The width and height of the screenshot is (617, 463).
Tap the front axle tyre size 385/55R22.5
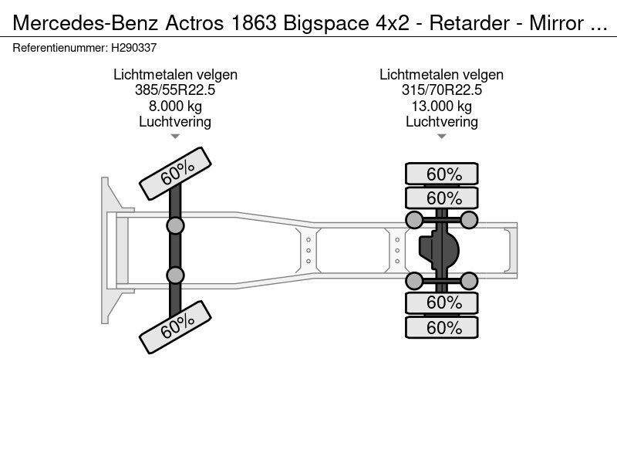pyautogui.click(x=175, y=90)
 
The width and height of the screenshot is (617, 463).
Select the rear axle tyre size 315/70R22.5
pyautogui.click(x=441, y=90)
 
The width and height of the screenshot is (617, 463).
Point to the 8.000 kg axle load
pyautogui.click(x=175, y=106)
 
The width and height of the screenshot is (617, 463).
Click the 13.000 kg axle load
pyautogui.click(x=441, y=106)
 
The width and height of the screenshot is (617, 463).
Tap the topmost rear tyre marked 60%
pyautogui.click(x=442, y=174)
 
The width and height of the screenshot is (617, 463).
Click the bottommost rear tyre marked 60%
pyautogui.click(x=442, y=327)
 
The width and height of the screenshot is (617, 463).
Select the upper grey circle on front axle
pyautogui.click(x=176, y=225)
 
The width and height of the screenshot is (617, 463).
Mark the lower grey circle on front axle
pyautogui.click(x=176, y=275)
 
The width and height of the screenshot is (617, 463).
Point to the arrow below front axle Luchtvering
pyautogui.click(x=175, y=137)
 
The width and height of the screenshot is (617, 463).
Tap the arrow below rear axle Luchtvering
pyautogui.click(x=441, y=137)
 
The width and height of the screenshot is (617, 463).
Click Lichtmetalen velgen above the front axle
pyautogui.click(x=175, y=75)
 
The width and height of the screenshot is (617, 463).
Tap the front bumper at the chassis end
pyautogui.click(x=108, y=250)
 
